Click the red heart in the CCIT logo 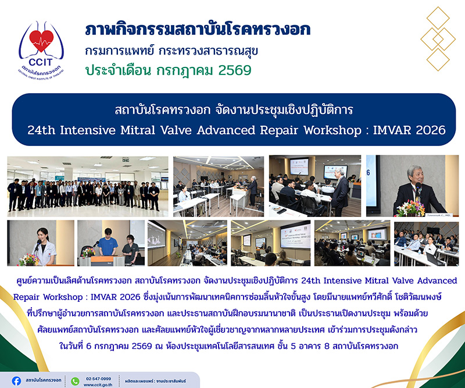tap(41, 41)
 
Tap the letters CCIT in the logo tap(41, 62)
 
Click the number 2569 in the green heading tap(235, 70)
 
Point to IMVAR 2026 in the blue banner tap(409, 130)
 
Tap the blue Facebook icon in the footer tap(17, 381)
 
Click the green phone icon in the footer tap(75, 381)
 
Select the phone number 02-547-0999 tap(98, 379)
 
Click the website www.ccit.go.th tap(98, 385)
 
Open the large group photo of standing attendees tap(88, 186)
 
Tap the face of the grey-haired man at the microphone tap(416, 176)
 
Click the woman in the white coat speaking tap(44, 248)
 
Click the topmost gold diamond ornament tap(438, 18)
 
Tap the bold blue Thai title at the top tap(198, 29)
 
